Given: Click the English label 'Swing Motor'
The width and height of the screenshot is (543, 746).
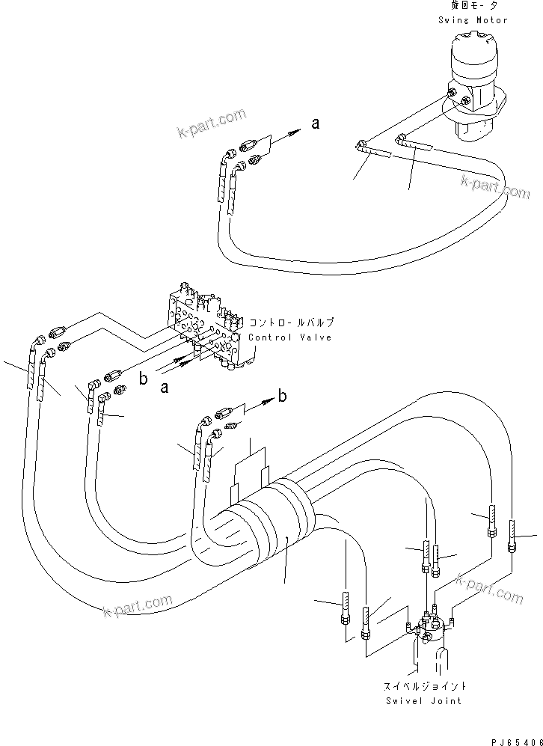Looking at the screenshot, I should [x=473, y=20].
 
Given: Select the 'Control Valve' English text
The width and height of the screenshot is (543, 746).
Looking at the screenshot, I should [x=290, y=337].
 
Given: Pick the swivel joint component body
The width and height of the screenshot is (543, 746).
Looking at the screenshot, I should [x=429, y=632].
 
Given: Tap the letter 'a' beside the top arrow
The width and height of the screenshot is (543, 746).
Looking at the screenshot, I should [x=316, y=124].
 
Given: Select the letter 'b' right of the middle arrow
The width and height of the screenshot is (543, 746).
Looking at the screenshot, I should [x=282, y=396].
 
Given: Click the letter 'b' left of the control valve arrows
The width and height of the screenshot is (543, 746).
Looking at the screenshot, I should [x=143, y=379].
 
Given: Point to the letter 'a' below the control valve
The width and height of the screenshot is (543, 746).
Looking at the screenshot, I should [x=163, y=387].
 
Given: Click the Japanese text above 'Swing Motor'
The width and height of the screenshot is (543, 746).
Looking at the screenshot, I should [x=473, y=6].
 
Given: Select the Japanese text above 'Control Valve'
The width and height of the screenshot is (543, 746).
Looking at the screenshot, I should [x=291, y=323].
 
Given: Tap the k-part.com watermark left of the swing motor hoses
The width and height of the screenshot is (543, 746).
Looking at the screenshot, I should [x=212, y=124].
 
